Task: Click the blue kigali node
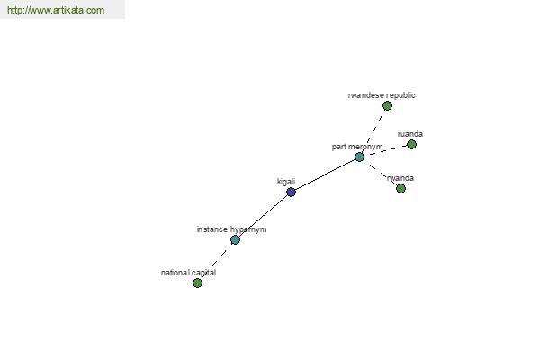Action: [x=291, y=192]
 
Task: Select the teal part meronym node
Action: [x=359, y=157]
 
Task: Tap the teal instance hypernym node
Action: [x=235, y=239]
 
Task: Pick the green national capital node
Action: [x=197, y=283]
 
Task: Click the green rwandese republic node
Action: [x=387, y=106]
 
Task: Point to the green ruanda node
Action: [x=411, y=145]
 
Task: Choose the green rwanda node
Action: [x=400, y=188]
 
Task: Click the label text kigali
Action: [x=286, y=182]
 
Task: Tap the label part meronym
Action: [x=357, y=147]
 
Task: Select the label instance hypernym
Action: [x=232, y=229]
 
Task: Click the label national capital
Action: [x=188, y=273]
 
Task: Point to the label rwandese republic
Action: [x=382, y=95]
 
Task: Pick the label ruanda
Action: [x=410, y=134]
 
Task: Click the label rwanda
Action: [x=400, y=178]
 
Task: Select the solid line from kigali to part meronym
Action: [x=325, y=175]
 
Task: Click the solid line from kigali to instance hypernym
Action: [x=263, y=216]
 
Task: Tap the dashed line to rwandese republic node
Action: [x=373, y=131]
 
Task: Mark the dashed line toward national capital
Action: [x=216, y=262]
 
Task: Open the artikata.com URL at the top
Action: [x=56, y=10]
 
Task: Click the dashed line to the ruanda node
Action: [x=385, y=151]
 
